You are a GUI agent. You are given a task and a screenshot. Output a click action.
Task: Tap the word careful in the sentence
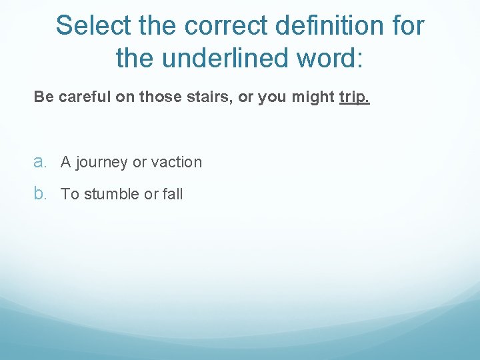coord(85,97)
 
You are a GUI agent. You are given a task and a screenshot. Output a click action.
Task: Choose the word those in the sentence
coord(157,97)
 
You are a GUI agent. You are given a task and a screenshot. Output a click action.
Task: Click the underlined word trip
coord(353,97)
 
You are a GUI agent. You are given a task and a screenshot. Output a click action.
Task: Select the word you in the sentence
coord(271,97)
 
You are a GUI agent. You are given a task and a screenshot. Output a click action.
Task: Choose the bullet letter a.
coord(40,162)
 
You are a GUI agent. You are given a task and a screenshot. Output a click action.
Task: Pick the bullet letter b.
coord(40,194)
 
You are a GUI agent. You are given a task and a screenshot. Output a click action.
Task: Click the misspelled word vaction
coord(177,162)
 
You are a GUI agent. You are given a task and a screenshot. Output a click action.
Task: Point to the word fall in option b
coord(172,194)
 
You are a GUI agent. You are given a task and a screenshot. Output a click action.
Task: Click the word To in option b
coord(70,194)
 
